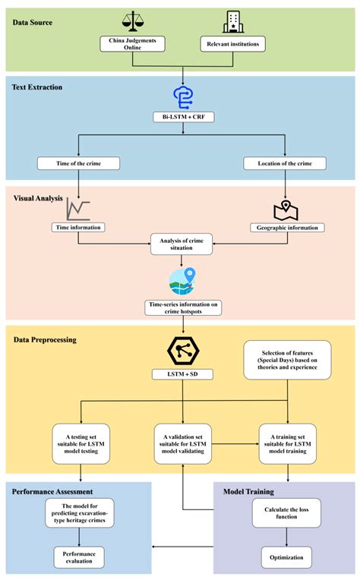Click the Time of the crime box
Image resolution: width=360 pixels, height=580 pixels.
coord(80,162)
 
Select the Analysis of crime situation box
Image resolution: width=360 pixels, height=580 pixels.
coord(182,245)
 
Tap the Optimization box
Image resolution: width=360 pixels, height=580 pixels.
coord(286,557)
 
